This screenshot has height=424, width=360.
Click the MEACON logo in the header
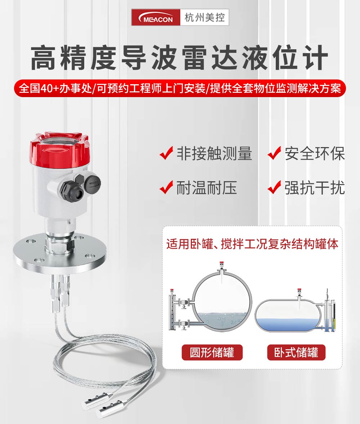(x=156, y=17)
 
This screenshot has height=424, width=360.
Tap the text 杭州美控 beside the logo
(x=204, y=18)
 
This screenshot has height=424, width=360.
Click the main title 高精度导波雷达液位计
(x=180, y=58)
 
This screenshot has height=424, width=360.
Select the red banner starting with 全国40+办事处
(x=180, y=88)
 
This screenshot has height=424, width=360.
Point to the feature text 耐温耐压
(x=207, y=188)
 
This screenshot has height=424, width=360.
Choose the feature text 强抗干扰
(x=315, y=188)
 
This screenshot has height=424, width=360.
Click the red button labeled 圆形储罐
(x=212, y=352)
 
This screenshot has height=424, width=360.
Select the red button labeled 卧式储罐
(x=296, y=352)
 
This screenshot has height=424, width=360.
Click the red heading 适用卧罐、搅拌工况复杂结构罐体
(x=252, y=244)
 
